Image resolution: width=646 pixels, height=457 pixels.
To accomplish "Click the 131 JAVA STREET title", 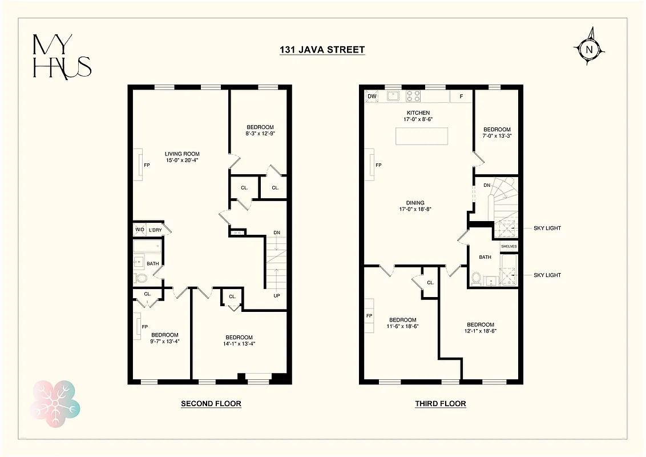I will click(322, 50).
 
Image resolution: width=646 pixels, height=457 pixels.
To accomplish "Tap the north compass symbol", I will click(589, 49).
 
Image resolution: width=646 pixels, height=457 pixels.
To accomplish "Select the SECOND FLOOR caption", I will click(211, 404).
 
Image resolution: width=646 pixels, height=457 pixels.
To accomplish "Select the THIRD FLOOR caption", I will click(440, 404).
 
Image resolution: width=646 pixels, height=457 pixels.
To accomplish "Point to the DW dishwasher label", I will click(372, 96).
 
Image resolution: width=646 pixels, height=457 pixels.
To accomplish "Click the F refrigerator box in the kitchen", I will click(461, 97).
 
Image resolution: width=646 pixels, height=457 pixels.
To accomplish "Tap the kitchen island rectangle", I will click(422, 137).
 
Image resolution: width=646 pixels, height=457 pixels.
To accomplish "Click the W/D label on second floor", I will click(140, 230).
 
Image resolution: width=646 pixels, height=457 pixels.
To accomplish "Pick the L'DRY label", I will click(155, 230).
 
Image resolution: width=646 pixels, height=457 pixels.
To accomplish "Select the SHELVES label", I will click(508, 246).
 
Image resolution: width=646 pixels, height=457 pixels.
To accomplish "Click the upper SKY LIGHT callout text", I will click(547, 228).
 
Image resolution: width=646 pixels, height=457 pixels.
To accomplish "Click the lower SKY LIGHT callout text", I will click(547, 275).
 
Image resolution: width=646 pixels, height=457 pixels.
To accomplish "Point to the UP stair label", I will click(277, 296).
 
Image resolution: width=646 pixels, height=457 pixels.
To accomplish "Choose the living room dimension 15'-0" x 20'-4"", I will click(182, 161).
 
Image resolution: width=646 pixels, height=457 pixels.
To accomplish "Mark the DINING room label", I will click(415, 202).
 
